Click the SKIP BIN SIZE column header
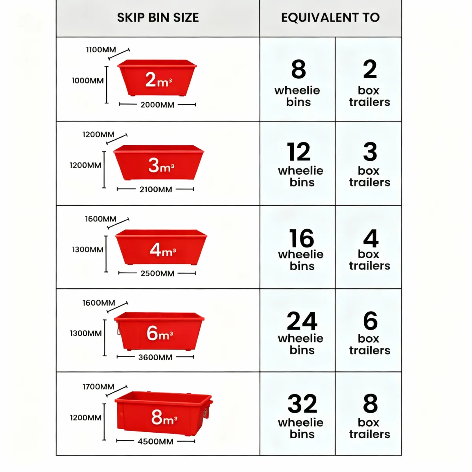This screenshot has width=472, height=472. coord(158,18)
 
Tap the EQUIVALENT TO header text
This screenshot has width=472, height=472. coord(330,18)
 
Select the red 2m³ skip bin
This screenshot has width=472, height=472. coord(157,78)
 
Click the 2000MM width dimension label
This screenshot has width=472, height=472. coord(157,105)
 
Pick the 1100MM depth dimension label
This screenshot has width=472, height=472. coord(101,50)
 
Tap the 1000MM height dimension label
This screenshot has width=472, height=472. coord(88,81)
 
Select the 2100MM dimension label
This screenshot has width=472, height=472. coord(156,190)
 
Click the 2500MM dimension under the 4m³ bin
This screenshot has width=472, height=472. coord(157,274)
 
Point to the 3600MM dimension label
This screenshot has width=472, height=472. coord(155,358)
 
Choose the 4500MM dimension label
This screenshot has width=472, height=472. coord(155,442)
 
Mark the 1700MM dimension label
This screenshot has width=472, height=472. coord(98,387)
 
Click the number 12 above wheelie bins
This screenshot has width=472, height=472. coord(299,152)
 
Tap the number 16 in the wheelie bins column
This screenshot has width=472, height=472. coord(302,238)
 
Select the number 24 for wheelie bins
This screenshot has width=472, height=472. coord(302,321)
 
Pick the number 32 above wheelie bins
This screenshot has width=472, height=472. coord(302,404)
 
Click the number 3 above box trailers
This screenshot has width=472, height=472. coord(370,152)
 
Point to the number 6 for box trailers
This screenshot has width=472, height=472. coord(370,321)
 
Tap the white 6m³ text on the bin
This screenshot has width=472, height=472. coord(160,334)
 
